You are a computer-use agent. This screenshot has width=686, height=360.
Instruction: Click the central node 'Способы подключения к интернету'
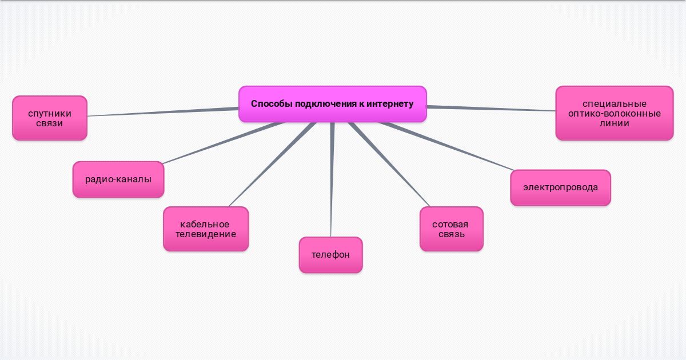click(332, 104)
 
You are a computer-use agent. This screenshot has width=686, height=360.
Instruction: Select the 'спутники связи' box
click(50, 118)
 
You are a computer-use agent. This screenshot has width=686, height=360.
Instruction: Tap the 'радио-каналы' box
click(118, 179)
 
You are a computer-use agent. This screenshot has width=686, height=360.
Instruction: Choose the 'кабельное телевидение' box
click(206, 229)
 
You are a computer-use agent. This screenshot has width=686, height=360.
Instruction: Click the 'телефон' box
click(330, 255)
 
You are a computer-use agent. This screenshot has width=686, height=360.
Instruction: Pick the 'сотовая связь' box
click(451, 229)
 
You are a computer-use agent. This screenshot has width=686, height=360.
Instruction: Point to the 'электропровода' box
click(560, 187)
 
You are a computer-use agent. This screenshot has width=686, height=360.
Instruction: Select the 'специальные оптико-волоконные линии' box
click(615, 113)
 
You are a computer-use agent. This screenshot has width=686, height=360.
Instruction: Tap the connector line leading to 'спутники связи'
click(163, 112)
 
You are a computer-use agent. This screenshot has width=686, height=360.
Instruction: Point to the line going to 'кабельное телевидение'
click(269, 166)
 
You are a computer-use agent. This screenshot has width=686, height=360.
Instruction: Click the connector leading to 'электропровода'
click(446, 146)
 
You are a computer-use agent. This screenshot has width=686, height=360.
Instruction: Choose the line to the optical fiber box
click(492, 108)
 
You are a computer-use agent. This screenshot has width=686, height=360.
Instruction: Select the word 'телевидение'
click(206, 234)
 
